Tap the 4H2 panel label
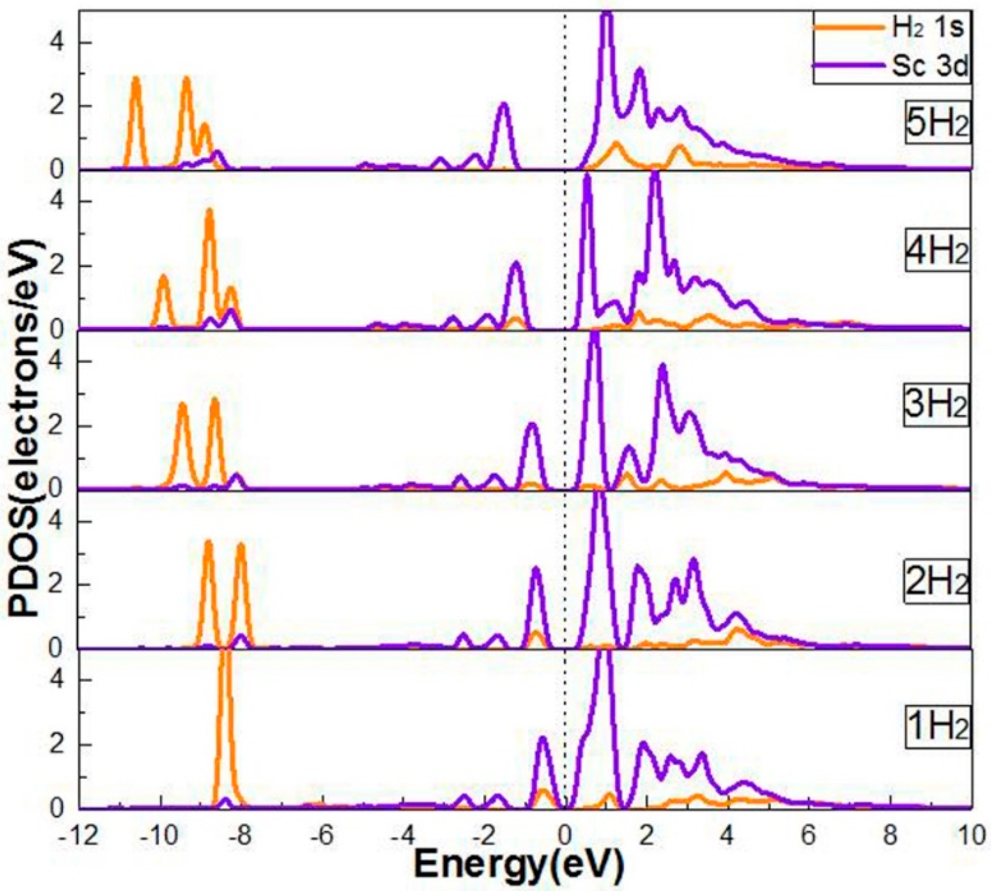click(935, 256)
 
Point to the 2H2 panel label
click(935, 585)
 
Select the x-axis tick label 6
click(808, 836)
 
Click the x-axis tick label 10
click(969, 836)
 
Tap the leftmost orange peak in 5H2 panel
click(136, 81)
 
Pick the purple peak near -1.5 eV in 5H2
click(503, 105)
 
